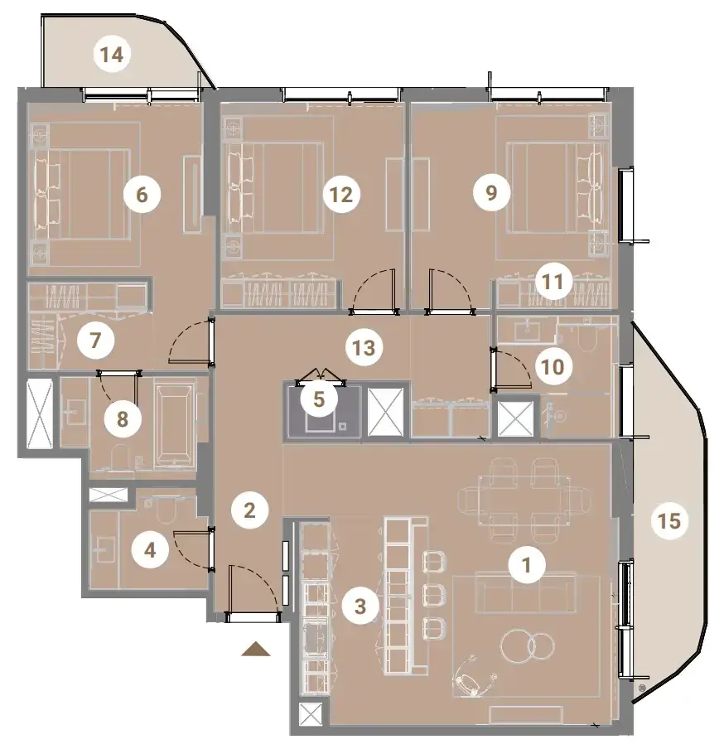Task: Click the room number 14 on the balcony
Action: [x=112, y=55]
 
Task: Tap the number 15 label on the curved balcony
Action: [x=669, y=520]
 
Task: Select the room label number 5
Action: [x=319, y=399]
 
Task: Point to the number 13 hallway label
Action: [x=364, y=348]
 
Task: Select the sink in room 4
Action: [x=104, y=550]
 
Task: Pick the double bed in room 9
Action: [x=553, y=188]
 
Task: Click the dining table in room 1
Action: [x=524, y=500]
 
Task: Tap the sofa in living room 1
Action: [x=525, y=592]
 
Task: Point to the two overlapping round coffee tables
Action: [x=527, y=647]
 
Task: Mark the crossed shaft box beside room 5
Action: [x=386, y=412]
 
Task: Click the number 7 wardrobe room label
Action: [x=95, y=341]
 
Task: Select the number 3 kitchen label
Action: [x=360, y=606]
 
